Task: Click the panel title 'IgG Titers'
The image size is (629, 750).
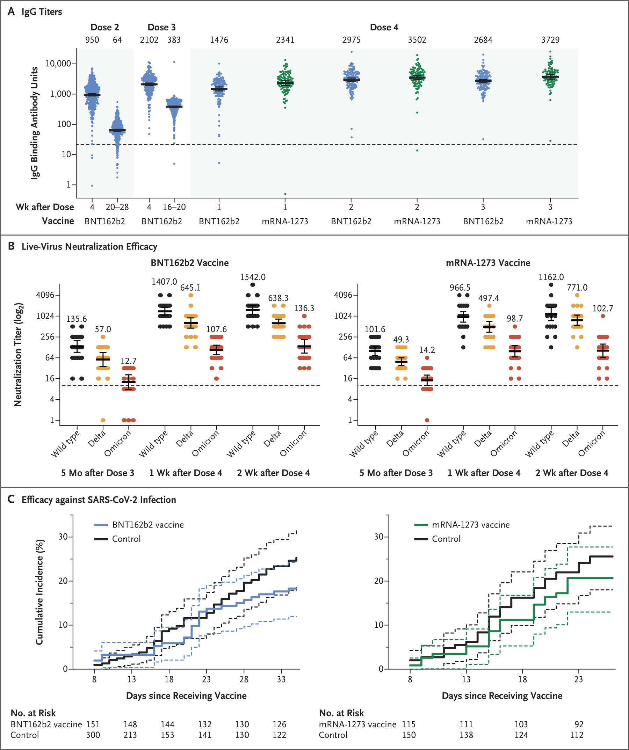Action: pos(42,12)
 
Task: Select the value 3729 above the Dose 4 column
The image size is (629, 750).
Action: pos(550,39)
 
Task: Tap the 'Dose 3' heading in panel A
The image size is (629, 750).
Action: pos(161,27)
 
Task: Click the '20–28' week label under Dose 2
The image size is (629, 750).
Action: pos(117,207)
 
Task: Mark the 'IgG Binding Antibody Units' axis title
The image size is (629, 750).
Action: pos(34,123)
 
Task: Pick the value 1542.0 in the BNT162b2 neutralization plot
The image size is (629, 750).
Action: pos(253,277)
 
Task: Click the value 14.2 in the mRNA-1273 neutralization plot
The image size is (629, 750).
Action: pos(426,350)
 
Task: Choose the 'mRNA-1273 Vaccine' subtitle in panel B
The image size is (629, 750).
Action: pos(488,263)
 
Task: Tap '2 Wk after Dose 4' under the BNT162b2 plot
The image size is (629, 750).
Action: pos(273,473)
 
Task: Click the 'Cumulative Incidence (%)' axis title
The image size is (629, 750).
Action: pos(39,592)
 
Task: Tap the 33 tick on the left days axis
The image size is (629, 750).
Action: pos(281,679)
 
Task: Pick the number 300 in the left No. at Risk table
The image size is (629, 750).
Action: pos(93,735)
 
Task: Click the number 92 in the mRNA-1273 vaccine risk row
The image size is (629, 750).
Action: pos(579,724)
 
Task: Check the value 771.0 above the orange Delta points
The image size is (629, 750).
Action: pos(577,287)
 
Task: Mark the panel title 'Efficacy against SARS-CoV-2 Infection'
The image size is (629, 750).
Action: pos(99,500)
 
